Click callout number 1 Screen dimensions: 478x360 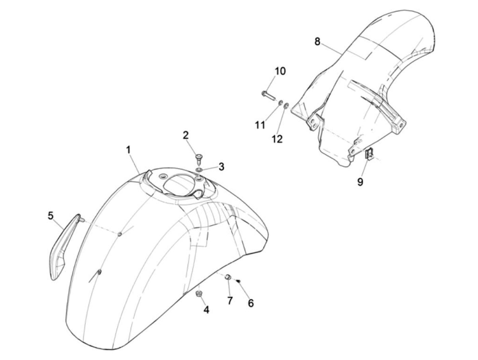[x=129, y=150]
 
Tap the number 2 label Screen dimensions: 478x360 [x=186, y=135]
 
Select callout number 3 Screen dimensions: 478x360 [x=221, y=167]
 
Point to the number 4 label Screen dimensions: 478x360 [x=206, y=310]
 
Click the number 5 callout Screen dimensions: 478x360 [x=51, y=216]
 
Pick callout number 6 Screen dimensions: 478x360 [x=251, y=303]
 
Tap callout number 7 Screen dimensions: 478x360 [x=230, y=301]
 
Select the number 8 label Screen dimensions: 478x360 [x=317, y=41]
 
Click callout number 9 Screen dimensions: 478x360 [x=360, y=182]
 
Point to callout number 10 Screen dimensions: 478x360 [x=280, y=71]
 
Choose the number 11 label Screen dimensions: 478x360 [x=260, y=125]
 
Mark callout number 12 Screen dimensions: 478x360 [x=277, y=139]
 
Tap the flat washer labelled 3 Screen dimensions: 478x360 [x=199, y=170]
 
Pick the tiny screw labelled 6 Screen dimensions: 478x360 [x=239, y=281]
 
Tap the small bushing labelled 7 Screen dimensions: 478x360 [x=228, y=277]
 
